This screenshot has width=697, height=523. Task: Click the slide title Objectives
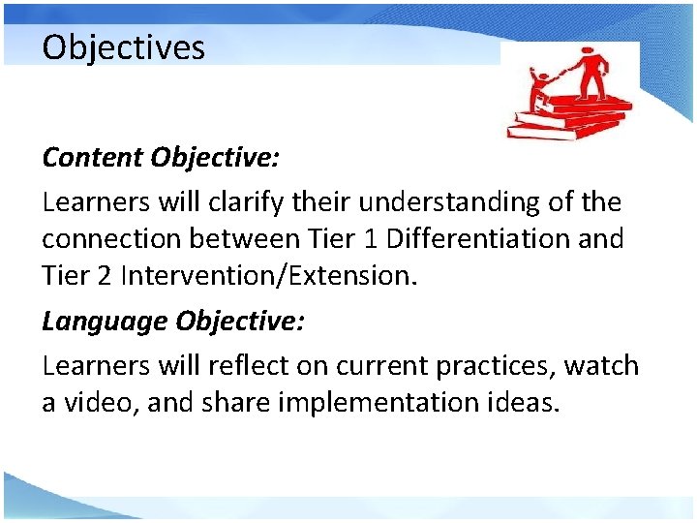tap(123, 47)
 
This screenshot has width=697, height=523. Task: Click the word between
tap(251, 238)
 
